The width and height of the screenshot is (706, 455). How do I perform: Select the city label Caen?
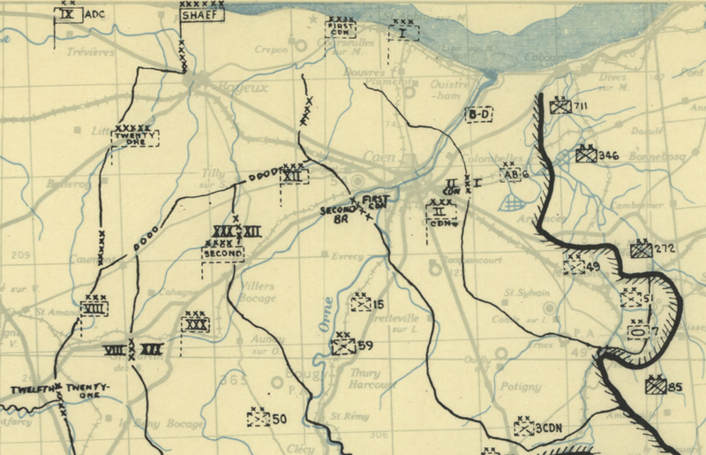(x=379, y=159)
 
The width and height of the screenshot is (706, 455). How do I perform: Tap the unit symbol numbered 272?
(x=642, y=250)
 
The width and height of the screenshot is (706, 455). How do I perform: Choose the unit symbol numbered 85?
(x=655, y=386)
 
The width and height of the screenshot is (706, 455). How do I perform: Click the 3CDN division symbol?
(x=524, y=428)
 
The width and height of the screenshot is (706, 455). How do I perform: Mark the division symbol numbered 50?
(x=259, y=419)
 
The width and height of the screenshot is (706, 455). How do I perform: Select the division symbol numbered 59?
(x=343, y=346)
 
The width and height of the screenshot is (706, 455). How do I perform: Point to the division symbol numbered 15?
(x=360, y=304)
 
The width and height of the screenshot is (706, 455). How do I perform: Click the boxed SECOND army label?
(x=222, y=253)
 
